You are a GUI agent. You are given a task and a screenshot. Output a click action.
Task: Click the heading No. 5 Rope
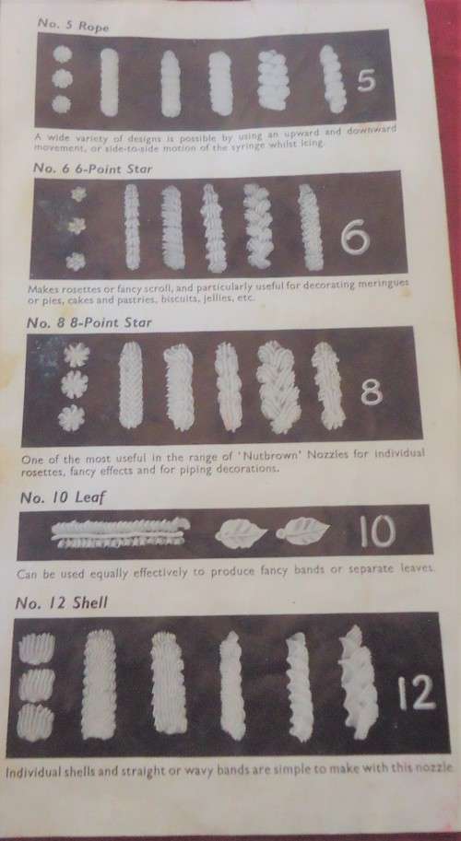tap(73, 25)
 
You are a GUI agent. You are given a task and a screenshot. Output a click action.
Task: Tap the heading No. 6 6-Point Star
tap(92, 168)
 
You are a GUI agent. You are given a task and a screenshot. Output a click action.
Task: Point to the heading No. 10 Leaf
tap(63, 497)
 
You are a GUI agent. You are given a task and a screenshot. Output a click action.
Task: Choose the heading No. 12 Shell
tap(61, 602)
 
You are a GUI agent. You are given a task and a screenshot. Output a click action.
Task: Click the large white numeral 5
tap(367, 81)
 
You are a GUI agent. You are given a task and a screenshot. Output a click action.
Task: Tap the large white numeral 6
tap(355, 237)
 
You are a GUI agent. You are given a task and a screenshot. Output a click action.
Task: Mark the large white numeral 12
tap(417, 694)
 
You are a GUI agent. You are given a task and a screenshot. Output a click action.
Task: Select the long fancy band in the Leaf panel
tap(120, 533)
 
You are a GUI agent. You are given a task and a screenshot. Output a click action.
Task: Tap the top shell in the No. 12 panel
tap(37, 648)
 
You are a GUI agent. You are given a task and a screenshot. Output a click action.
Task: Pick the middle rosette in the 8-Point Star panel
tap(74, 384)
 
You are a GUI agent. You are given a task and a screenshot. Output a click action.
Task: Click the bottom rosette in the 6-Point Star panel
tap(76, 262)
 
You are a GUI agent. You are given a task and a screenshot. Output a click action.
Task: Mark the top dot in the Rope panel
tap(63, 54)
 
